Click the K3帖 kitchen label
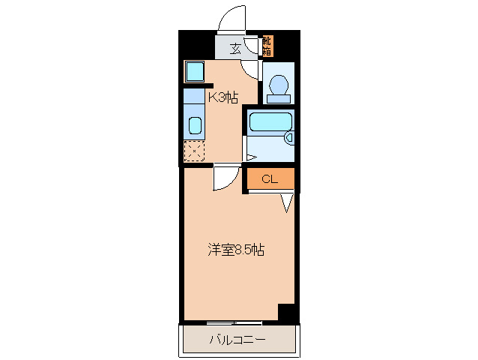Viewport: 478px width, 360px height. [223, 97]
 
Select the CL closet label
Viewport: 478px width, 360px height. [270, 179]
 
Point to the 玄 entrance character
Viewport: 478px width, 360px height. [235, 49]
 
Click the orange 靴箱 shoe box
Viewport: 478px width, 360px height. [267, 47]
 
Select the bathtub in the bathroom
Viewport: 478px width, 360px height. [270, 122]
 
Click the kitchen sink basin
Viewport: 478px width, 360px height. [195, 125]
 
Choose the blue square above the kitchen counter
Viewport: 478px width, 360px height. [195, 72]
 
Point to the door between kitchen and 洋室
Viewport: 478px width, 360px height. [224, 178]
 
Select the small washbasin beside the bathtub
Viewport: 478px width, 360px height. [289, 138]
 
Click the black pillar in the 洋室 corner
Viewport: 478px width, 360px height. [287, 312]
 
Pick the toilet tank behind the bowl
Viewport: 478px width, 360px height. [279, 96]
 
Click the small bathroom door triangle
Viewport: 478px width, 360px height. [250, 157]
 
